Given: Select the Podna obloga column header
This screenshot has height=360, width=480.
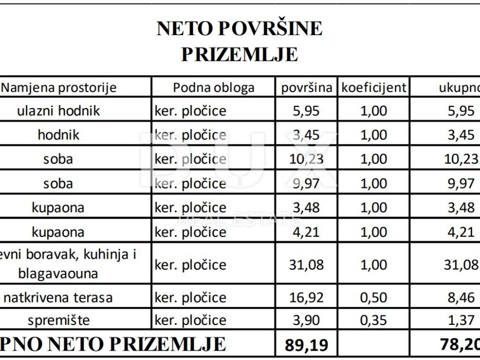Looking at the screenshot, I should pos(214,88).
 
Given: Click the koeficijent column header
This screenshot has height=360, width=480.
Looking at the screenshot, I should pos(374,88).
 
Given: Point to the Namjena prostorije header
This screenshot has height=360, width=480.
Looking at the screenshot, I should pos(60,88).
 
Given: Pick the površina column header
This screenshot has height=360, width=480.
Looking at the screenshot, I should pos(307,88).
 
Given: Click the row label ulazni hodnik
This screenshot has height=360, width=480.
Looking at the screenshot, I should pos(59,111).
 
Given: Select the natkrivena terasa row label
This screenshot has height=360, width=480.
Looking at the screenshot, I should pos(58,298).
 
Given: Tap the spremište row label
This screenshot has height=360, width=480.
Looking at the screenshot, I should pos(59,321).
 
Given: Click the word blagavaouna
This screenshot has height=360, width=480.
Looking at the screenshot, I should pos(58,273).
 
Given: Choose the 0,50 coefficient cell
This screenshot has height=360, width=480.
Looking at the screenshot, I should pos(374,298).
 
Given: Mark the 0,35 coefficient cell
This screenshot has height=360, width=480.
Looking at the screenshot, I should pos(374,321).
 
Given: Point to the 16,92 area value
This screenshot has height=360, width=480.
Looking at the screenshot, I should pos(307,298).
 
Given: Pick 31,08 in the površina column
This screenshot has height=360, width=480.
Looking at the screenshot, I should pos(307,265).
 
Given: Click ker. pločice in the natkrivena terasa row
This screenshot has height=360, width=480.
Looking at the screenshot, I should pos(190,298).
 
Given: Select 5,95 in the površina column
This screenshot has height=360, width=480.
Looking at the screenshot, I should pos(307,111).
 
